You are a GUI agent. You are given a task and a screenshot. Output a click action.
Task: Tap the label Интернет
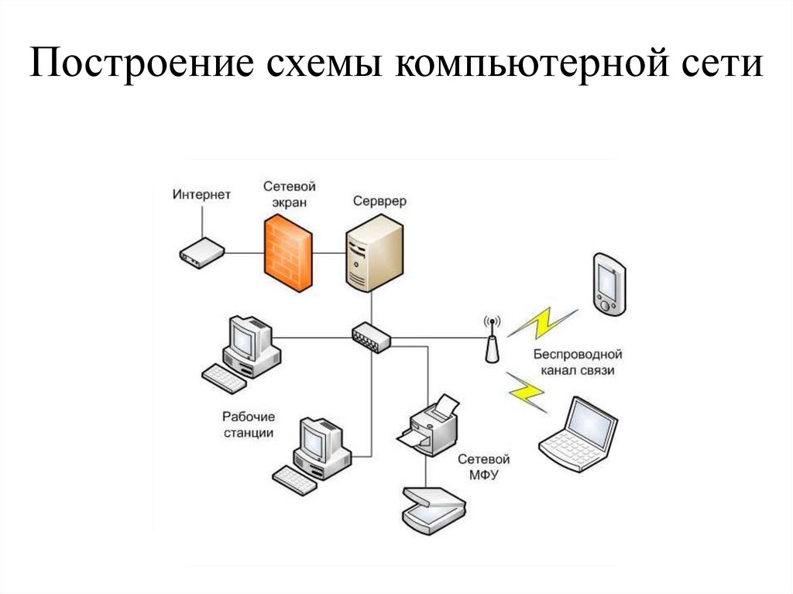[201, 194]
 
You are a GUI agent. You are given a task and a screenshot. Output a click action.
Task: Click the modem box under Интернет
[201, 252]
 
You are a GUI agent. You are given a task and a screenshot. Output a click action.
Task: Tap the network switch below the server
[371, 336]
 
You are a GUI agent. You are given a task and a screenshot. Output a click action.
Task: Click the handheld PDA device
[609, 283]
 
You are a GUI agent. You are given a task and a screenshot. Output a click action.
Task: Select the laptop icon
[579, 434]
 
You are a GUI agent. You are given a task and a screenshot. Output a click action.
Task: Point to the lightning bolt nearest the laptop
[527, 391]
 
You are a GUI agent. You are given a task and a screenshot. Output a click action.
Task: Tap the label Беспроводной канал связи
[578, 362]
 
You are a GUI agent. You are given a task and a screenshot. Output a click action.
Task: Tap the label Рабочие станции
[249, 424]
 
